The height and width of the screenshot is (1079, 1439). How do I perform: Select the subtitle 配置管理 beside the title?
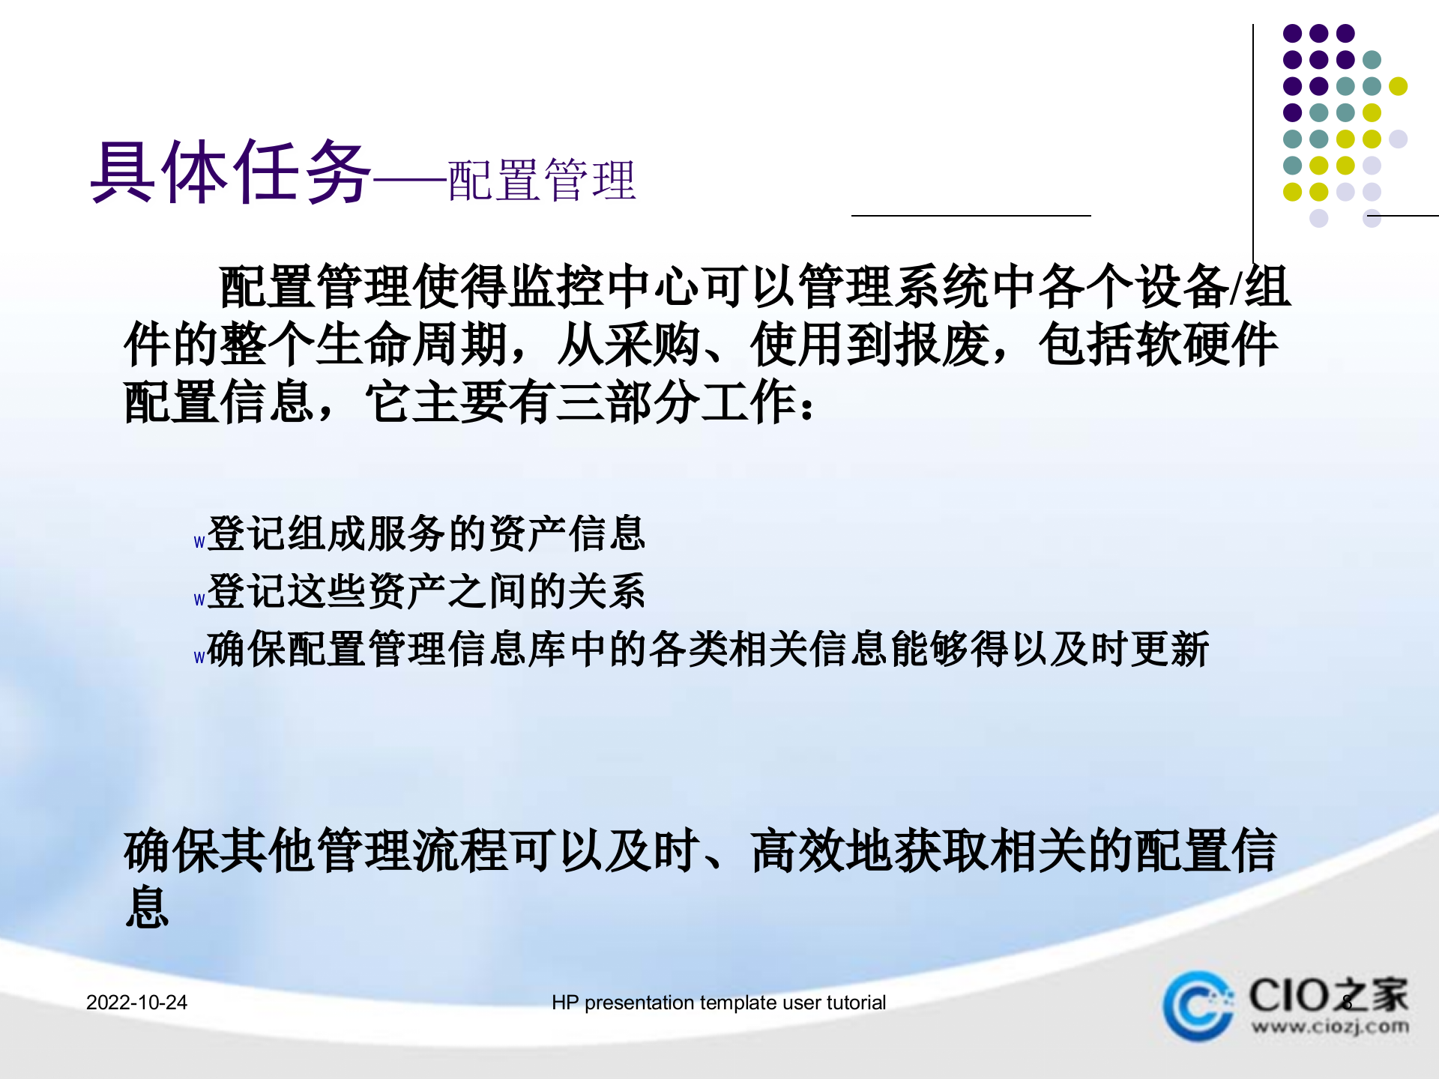(542, 181)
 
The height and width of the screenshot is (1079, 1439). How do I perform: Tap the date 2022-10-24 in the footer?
(136, 1003)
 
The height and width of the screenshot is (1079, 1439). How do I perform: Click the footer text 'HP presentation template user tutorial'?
(718, 1003)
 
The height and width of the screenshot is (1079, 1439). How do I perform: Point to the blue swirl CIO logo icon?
(1198, 1006)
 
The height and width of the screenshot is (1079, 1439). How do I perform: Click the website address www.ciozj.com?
(1330, 1026)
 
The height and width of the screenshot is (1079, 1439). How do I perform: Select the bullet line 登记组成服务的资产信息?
(426, 534)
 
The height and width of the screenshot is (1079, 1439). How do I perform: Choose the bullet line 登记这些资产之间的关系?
(426, 591)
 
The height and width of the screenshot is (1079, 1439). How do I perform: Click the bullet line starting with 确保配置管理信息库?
(708, 649)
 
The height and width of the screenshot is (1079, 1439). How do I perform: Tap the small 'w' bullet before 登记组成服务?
(199, 542)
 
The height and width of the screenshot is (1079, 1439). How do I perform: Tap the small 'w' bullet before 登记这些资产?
(199, 600)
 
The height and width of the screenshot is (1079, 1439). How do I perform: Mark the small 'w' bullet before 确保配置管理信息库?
(199, 658)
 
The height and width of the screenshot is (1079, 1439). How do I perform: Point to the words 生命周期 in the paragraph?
(412, 345)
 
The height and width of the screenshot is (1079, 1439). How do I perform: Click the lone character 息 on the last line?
(148, 907)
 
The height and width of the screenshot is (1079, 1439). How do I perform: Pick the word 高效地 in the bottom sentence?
(822, 851)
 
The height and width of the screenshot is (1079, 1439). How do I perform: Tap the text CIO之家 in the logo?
(1328, 995)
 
